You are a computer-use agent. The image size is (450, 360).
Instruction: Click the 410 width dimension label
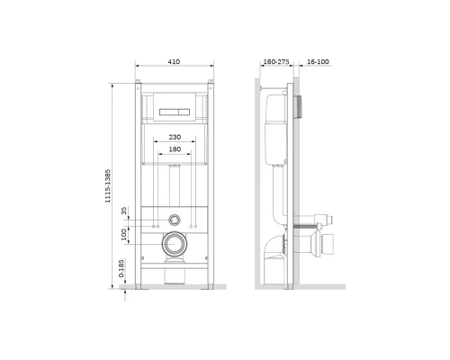click(174, 62)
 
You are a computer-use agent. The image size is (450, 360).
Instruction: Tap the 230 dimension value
click(175, 137)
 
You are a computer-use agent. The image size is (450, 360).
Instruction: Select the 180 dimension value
click(175, 149)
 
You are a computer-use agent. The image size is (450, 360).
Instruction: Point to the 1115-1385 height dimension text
click(108, 186)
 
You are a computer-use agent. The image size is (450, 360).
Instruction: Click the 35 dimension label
click(124, 211)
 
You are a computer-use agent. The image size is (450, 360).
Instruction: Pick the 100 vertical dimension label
click(124, 235)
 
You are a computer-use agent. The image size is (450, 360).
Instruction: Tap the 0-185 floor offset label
click(121, 268)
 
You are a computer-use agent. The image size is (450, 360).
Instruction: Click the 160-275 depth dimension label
click(276, 62)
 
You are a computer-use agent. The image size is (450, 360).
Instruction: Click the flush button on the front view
click(175, 112)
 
